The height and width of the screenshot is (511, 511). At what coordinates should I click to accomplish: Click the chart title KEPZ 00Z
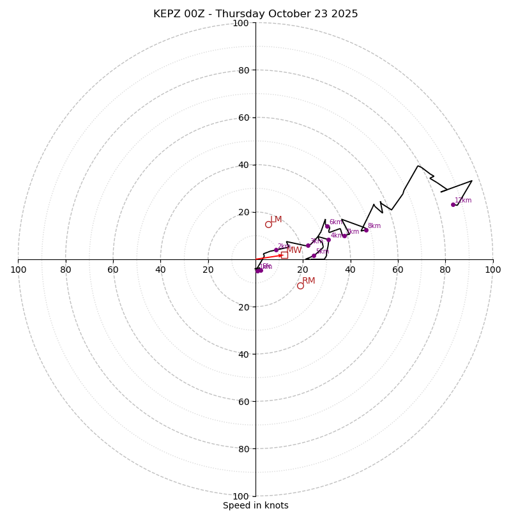pyautogui.click(x=256, y=14)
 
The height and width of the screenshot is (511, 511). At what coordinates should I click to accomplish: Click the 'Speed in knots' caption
pyautogui.click(x=256, y=505)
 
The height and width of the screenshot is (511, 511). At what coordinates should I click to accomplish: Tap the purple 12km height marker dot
pyautogui.click(x=453, y=204)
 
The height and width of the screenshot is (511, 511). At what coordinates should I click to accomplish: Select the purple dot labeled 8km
pyautogui.click(x=366, y=230)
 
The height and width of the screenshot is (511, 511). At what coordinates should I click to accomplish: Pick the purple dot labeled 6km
pyautogui.click(x=327, y=226)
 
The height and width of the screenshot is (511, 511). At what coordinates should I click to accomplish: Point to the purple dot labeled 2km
pyautogui.click(x=276, y=250)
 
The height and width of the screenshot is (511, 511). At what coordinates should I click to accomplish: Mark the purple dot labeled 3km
pyautogui.click(x=308, y=245)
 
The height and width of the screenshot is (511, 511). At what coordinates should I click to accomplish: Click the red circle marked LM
pyautogui.click(x=268, y=224)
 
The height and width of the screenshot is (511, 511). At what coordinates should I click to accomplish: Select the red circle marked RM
pyautogui.click(x=300, y=286)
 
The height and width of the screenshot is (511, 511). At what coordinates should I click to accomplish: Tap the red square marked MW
pyautogui.click(x=284, y=255)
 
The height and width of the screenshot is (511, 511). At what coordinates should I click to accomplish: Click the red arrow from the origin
pyautogui.click(x=269, y=257)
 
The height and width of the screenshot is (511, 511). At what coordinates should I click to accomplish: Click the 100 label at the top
pyautogui.click(x=241, y=23)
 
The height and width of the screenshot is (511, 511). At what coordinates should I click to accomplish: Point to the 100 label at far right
pyautogui.click(x=492, y=270)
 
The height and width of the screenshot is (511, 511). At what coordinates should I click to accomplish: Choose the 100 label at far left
pyautogui.click(x=19, y=270)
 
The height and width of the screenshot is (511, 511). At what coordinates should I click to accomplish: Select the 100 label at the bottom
pyautogui.click(x=241, y=496)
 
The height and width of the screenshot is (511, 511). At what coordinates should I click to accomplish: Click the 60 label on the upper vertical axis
pyautogui.click(x=243, y=118)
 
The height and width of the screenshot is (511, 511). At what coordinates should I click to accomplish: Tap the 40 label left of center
pyautogui.click(x=160, y=270)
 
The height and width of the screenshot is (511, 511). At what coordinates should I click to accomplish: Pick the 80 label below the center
pyautogui.click(x=243, y=449)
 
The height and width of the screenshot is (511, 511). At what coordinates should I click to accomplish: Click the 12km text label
pyautogui.click(x=463, y=201)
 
